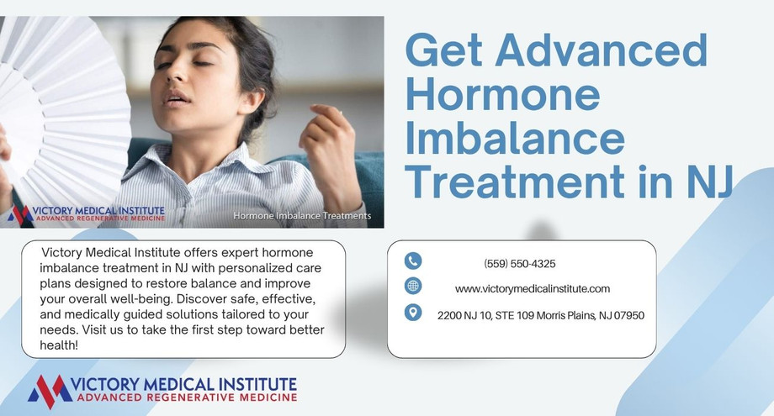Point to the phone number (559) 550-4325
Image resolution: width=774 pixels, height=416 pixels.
tap(520, 264)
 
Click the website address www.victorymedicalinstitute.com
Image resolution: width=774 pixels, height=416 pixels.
tap(533, 289)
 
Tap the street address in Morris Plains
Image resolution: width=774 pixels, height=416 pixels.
tap(541, 315)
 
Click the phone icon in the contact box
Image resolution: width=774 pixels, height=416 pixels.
tap(412, 261)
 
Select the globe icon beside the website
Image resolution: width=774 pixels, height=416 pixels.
tap(412, 286)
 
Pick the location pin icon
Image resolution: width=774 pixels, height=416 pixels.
tap(412, 313)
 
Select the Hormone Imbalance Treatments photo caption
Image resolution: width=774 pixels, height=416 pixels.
tap(301, 216)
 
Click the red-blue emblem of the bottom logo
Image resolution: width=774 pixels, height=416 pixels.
tap(49, 391)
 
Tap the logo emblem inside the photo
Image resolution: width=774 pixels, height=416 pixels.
tap(19, 214)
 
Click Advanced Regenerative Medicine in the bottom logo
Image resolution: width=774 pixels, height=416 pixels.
tap(185, 397)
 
